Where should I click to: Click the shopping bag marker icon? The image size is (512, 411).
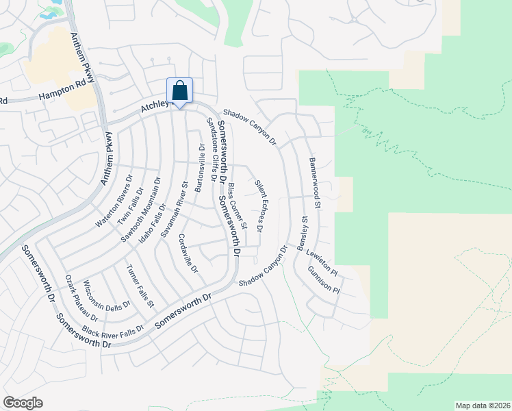coord(179,91)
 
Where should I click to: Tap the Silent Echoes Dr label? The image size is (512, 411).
coord(262,206)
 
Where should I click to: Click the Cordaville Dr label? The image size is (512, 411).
coord(188,253)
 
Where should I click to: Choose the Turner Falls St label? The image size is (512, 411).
coord(140,285)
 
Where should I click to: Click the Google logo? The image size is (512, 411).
coord(23,403)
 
